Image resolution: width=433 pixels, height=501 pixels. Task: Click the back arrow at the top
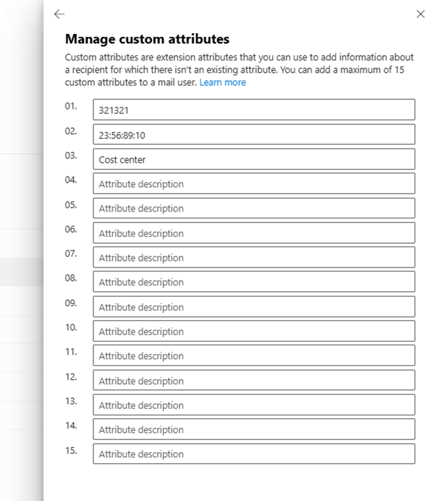click(x=58, y=14)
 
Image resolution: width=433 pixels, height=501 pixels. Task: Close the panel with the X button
click(x=420, y=14)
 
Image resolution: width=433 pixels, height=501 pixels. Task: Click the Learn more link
click(x=223, y=82)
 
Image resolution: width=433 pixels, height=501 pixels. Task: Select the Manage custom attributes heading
click(x=147, y=40)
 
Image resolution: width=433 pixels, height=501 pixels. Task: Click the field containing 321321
click(x=254, y=110)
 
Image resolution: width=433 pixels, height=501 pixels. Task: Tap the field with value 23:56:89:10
click(x=254, y=134)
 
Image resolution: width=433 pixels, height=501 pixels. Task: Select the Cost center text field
click(x=254, y=159)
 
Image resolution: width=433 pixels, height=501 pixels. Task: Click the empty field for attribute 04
click(x=254, y=184)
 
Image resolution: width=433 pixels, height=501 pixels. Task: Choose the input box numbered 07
click(x=254, y=257)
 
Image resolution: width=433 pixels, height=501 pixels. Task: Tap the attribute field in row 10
click(x=254, y=331)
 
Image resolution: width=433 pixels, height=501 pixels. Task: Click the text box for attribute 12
click(x=254, y=380)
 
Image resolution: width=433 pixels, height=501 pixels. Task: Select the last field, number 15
click(x=254, y=454)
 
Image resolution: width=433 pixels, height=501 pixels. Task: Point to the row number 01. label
click(x=71, y=106)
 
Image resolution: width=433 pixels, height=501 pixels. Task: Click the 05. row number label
click(x=71, y=204)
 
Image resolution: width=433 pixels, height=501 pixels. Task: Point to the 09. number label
click(x=71, y=303)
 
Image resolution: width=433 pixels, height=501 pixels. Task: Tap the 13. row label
click(x=71, y=401)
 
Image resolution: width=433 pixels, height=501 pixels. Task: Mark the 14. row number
click(x=71, y=426)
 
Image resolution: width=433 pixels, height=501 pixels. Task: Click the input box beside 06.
click(x=254, y=233)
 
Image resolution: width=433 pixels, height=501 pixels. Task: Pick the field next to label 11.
click(x=254, y=356)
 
